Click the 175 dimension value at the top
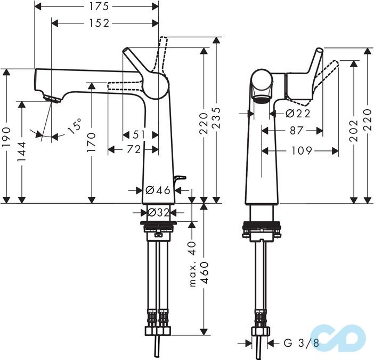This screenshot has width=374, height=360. pyautogui.click(x=96, y=6)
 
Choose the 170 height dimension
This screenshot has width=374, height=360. pyautogui.click(x=92, y=142)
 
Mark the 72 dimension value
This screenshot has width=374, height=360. pyautogui.click(x=133, y=150)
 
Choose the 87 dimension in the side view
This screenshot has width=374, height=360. pyautogui.click(x=295, y=130)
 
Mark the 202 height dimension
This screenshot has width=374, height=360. pyautogui.click(x=354, y=138)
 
